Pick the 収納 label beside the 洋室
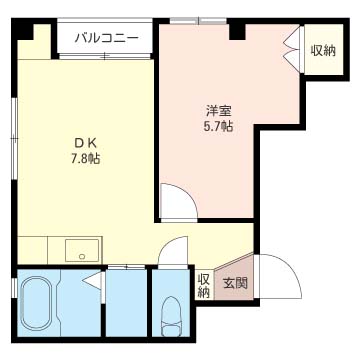pyautogui.click(x=322, y=49)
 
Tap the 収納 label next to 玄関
pyautogui.click(x=204, y=286)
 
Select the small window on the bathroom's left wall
pyautogui.click(x=15, y=289)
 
